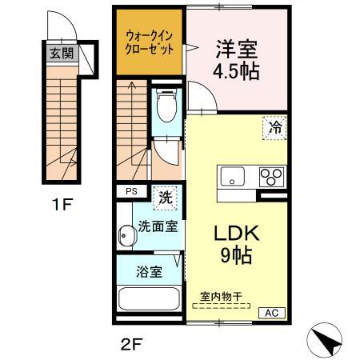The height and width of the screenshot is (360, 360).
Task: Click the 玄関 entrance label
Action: pyautogui.click(x=61, y=55)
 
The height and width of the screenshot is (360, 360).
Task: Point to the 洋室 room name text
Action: pyautogui.click(x=235, y=47)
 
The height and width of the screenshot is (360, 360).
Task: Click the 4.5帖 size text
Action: pyautogui.click(x=235, y=70)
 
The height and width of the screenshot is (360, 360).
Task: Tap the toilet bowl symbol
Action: pyautogui.click(x=167, y=104)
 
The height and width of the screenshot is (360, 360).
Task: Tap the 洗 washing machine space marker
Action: pyautogui.click(x=165, y=194)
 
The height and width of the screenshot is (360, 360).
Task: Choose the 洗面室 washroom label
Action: pyautogui.click(x=158, y=226)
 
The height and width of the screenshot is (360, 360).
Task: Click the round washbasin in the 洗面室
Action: pyautogui.click(x=126, y=237)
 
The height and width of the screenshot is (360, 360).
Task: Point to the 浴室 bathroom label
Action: pyautogui.click(x=150, y=271)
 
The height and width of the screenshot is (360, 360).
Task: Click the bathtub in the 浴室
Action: pyautogui.click(x=150, y=302)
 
